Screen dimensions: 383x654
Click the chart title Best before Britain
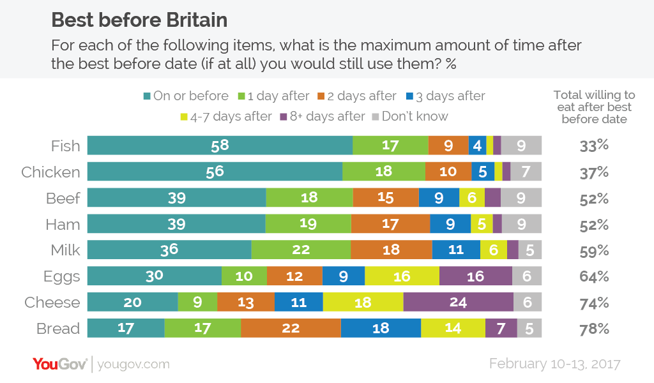(x=139, y=20)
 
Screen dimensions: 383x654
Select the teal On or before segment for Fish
(x=220, y=146)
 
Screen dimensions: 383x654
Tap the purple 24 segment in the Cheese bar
(x=458, y=302)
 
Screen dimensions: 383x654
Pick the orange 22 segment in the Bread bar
(x=291, y=328)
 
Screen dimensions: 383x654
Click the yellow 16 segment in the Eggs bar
(x=402, y=276)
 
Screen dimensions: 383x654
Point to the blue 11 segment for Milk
(x=455, y=250)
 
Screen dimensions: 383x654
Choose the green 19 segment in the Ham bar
(x=308, y=224)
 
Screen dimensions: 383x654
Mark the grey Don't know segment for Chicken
(x=526, y=172)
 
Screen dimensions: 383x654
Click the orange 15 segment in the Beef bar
(x=385, y=198)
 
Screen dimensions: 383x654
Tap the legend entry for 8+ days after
(x=323, y=116)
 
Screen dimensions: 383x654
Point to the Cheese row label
(x=52, y=303)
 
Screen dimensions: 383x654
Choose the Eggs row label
(x=62, y=276)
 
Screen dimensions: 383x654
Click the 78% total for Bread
(x=594, y=329)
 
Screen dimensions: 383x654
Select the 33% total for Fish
(x=594, y=146)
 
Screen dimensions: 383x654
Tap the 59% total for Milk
(x=594, y=250)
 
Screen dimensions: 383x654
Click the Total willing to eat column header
(x=594, y=107)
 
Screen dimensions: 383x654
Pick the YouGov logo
(x=61, y=364)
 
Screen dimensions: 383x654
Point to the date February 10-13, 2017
(x=554, y=364)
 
